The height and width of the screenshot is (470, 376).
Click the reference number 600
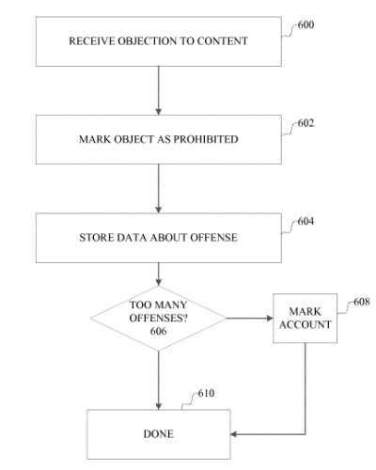pyautogui.click(x=305, y=24)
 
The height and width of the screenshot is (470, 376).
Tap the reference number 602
pyautogui.click(x=305, y=123)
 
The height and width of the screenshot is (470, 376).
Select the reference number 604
pyautogui.click(x=305, y=221)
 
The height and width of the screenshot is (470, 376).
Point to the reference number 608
pyautogui.click(x=362, y=302)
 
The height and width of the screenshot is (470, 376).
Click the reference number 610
pyautogui.click(x=206, y=393)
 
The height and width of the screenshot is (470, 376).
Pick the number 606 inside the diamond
pyautogui.click(x=158, y=331)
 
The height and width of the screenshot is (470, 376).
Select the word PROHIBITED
pyautogui.click(x=206, y=139)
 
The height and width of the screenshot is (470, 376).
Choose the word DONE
pyautogui.click(x=159, y=434)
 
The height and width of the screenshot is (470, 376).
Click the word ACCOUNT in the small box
pyautogui.click(x=305, y=324)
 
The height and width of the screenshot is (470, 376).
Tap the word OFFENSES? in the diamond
pyautogui.click(x=159, y=318)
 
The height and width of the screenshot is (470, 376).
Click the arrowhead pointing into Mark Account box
pyautogui.click(x=270, y=319)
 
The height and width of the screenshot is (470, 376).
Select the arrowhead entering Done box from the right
pyautogui.click(x=234, y=434)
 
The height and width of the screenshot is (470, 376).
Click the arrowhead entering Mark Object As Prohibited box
pyautogui.click(x=159, y=112)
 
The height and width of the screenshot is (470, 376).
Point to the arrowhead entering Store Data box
pyautogui.click(x=159, y=210)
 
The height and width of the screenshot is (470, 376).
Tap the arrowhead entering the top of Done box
pyautogui.click(x=159, y=406)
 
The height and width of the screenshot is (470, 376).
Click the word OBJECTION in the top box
pyautogui.click(x=147, y=41)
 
